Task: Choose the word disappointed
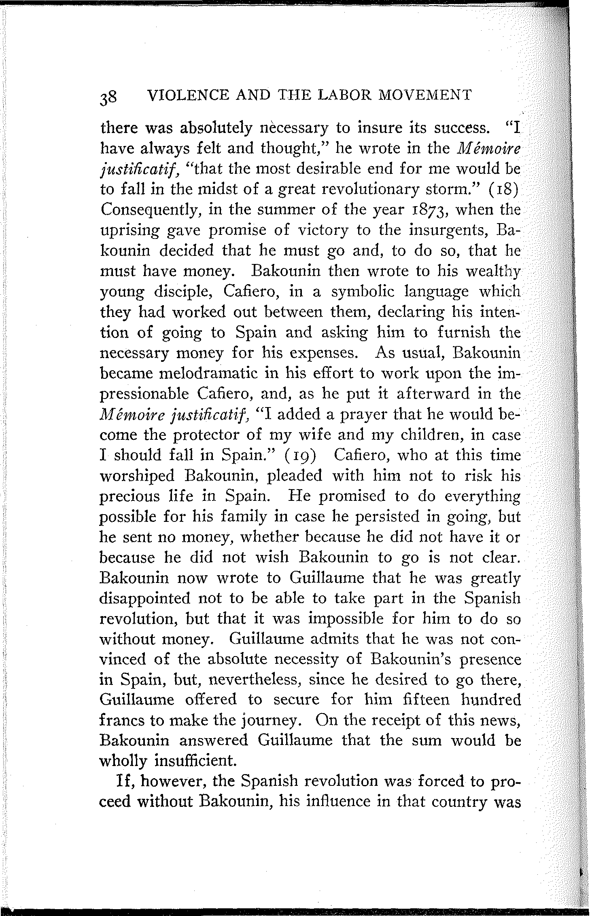pos(144,598)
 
